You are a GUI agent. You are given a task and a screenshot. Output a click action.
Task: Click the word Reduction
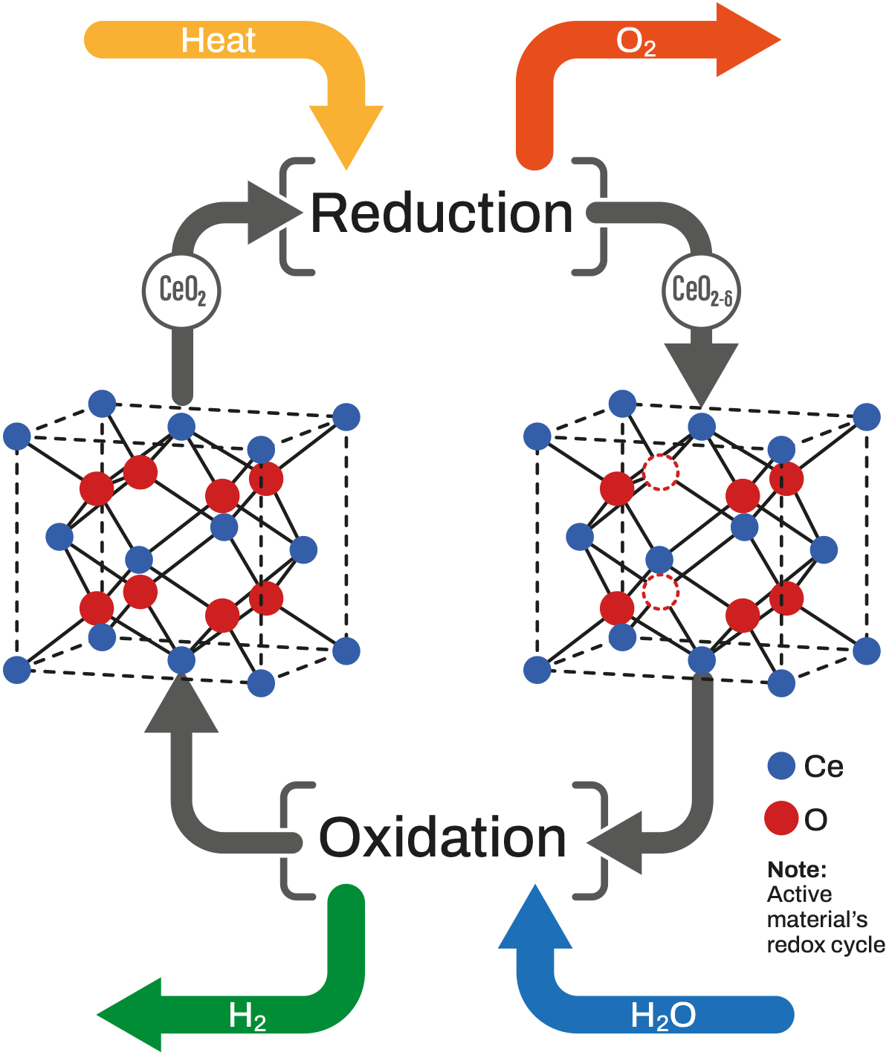pos(442,214)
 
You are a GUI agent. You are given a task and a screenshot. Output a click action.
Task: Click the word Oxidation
pos(442,839)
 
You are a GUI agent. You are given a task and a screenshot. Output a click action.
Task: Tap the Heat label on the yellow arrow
pos(218,40)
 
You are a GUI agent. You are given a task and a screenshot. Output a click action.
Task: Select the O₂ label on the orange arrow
pos(636,42)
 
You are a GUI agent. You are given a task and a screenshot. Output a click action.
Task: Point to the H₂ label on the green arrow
pos(247,1016)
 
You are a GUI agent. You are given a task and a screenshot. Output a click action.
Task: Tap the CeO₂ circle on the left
pos(182,290)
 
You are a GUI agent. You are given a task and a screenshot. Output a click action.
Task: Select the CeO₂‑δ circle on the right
pos(702,290)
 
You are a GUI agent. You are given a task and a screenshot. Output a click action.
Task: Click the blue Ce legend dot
pos(781,766)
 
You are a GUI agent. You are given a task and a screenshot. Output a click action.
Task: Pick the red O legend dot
pos(781,819)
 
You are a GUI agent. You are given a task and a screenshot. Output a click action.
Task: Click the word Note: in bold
pos(797,869)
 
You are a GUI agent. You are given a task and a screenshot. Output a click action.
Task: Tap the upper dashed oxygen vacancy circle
pos(661,471)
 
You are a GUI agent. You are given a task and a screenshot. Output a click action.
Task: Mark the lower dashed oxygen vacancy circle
pos(660,592)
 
